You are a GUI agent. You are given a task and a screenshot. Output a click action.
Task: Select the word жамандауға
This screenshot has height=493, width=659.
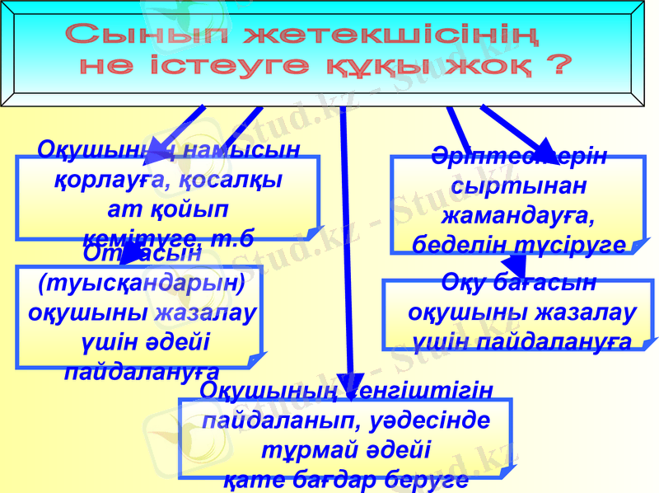point(517,215)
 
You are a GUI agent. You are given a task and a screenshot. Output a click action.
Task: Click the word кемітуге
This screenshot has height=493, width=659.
point(132,240)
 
